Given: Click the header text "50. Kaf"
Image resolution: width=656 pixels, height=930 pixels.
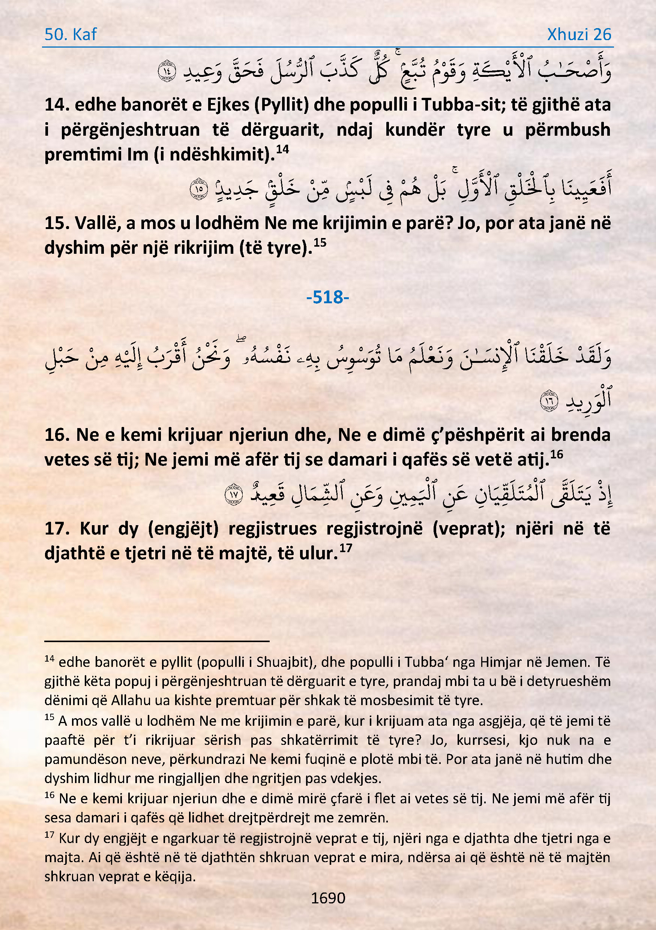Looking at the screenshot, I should point(70,34).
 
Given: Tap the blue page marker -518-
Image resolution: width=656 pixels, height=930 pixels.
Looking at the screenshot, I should point(327,297).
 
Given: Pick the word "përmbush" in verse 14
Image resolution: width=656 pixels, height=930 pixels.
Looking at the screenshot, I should point(567,130).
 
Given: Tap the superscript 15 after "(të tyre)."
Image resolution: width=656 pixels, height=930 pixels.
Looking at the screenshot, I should point(320,243).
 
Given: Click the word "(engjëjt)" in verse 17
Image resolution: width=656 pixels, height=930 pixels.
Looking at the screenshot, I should point(183,529).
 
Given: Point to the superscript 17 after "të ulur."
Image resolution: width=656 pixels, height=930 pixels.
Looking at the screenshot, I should point(345,548).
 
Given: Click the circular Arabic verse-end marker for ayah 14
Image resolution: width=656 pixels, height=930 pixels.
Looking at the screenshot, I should point(167,71).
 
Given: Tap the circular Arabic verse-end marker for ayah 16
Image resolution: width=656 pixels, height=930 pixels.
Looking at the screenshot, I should point(549,401).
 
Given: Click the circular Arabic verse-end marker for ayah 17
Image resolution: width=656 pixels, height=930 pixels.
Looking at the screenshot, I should point(234,494).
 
